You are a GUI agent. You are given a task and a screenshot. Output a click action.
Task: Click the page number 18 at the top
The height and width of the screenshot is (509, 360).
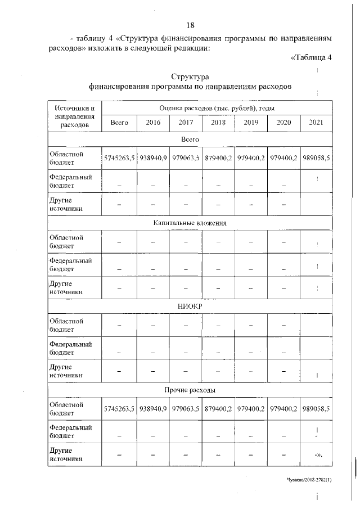click(x=190, y=25)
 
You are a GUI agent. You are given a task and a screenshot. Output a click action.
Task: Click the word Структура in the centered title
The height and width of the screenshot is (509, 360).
click(x=190, y=76)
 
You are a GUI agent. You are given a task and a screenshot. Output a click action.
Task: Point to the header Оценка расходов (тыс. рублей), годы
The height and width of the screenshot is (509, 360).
click(x=217, y=107)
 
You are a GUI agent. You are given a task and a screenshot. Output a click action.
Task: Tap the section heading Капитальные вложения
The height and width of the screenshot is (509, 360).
click(x=190, y=223)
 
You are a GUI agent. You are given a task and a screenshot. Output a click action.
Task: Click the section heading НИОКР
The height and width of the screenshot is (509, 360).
click(x=190, y=306)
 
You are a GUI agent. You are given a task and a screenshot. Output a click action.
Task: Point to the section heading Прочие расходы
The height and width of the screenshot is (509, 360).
click(x=190, y=389)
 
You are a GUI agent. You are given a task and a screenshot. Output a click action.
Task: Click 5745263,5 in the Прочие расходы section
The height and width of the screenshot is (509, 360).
click(x=119, y=409)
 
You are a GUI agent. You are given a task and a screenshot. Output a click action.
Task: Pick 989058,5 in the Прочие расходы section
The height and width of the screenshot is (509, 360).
click(x=316, y=409)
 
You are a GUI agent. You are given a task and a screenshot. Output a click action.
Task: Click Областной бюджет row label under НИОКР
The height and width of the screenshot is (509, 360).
click(x=66, y=325)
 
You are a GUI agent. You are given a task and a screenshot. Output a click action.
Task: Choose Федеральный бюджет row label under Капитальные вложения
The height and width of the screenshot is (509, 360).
click(x=70, y=264)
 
